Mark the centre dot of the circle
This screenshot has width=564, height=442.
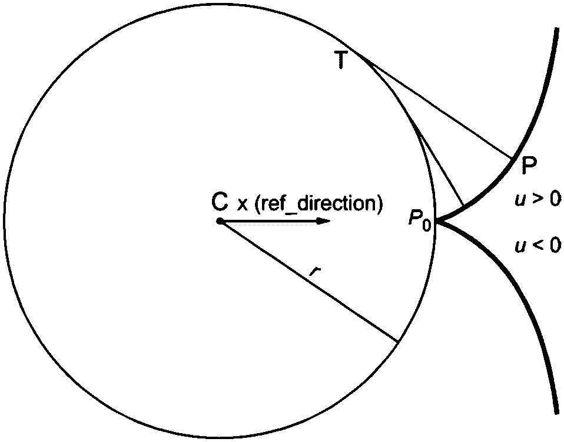[x=219, y=222]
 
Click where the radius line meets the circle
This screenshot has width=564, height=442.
[x=398, y=341]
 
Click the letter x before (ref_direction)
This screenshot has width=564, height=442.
[x=241, y=204]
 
